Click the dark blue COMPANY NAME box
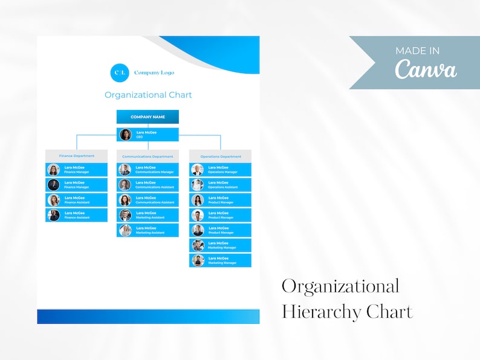click(x=148, y=117)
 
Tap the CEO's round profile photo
click(x=125, y=135)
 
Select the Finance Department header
click(x=76, y=156)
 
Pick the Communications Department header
click(x=148, y=156)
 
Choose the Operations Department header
click(x=220, y=156)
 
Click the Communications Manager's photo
click(x=125, y=170)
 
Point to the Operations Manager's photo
click(x=198, y=170)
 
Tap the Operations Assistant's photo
click(x=198, y=185)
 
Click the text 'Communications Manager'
click(x=154, y=172)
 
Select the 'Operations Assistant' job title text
click(x=222, y=187)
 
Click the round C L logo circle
click(x=120, y=72)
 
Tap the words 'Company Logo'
click(x=154, y=72)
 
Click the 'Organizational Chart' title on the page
click(x=148, y=95)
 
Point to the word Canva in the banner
click(x=426, y=69)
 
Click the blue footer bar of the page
click(x=148, y=317)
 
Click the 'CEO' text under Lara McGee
click(x=140, y=137)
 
